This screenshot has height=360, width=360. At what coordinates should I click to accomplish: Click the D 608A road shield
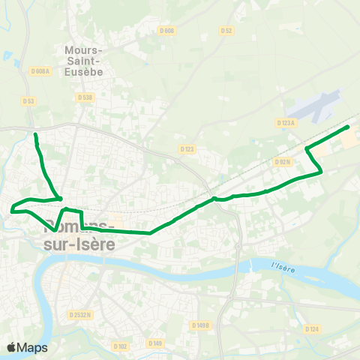point(40,70)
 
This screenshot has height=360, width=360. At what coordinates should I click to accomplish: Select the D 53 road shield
point(28,100)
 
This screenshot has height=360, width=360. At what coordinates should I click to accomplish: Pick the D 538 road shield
point(85,97)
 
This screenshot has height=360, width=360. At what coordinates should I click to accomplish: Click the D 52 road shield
point(226,31)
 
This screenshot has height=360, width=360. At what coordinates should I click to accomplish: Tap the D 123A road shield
point(286,122)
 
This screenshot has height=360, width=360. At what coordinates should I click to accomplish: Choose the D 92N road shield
point(283,161)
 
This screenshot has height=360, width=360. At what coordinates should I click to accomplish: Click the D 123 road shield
point(187,149)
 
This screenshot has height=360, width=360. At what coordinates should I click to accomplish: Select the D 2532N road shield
point(79,315)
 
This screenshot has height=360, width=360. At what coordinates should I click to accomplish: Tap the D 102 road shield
point(121,346)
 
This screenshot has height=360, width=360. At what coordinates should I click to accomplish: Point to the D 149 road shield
point(155,343)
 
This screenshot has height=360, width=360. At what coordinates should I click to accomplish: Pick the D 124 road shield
point(312,328)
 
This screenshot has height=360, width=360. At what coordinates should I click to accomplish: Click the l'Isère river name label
point(284,266)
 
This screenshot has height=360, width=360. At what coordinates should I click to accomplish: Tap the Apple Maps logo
point(26,347)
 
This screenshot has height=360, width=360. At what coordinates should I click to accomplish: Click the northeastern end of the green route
point(348,127)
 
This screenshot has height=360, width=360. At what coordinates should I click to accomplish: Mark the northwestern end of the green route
point(35,135)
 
